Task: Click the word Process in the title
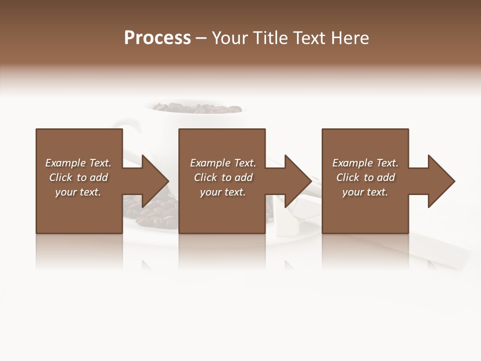coord(157,38)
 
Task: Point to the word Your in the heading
coord(231,38)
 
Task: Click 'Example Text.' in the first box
coord(78,163)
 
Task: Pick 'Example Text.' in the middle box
coord(223,163)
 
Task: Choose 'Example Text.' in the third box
coord(365,163)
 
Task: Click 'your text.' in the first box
coord(78,192)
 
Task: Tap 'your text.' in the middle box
coord(223,192)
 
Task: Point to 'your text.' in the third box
coord(365,192)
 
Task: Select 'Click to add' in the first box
coord(78,177)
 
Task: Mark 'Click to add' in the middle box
coord(223,177)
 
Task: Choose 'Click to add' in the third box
coord(365,177)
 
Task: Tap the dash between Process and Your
coord(201,38)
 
